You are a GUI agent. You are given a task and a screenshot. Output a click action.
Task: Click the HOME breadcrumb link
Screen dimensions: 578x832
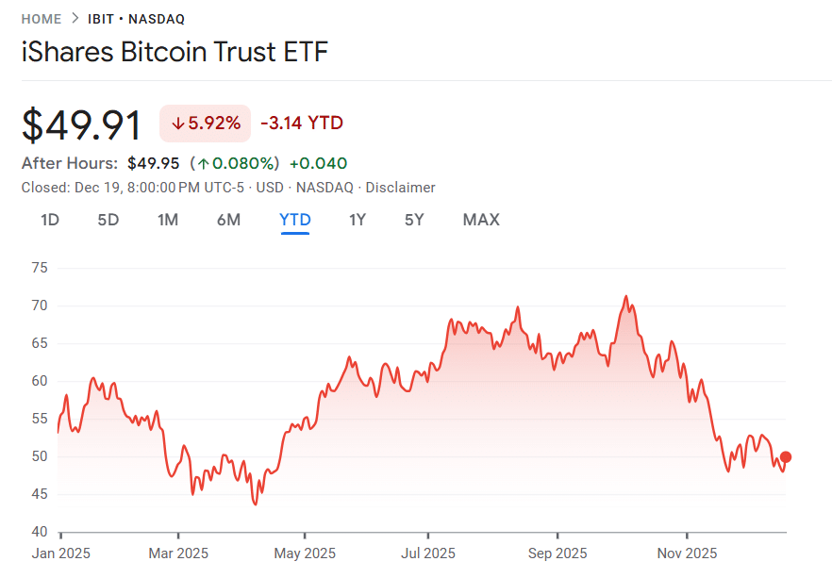(42, 19)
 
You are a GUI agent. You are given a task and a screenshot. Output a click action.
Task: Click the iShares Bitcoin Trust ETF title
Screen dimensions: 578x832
(175, 52)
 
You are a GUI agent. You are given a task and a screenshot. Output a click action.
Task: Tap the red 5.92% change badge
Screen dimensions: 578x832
(205, 123)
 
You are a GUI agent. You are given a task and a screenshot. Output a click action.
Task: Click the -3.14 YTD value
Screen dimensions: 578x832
(302, 123)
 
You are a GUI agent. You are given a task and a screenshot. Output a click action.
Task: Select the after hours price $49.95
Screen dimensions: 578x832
(153, 163)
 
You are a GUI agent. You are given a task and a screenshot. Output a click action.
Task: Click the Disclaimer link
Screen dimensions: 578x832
(400, 188)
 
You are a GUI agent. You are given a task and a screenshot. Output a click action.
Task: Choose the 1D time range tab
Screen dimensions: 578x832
(50, 220)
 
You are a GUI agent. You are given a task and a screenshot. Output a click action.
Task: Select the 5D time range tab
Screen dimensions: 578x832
(108, 220)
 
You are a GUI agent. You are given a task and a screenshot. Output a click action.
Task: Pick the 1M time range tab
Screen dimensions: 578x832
(168, 220)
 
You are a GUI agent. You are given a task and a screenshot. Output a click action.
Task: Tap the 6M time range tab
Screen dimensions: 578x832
(228, 220)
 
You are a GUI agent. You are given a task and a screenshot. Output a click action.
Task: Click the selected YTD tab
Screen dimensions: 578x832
(295, 220)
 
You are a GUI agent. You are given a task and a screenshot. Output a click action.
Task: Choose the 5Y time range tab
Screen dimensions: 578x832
(414, 220)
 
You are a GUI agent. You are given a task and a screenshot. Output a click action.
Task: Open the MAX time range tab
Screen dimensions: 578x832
(481, 220)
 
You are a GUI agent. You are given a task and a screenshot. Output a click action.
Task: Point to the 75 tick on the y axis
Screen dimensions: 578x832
(39, 268)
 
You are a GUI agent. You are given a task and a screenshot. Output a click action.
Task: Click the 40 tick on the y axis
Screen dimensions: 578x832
(39, 532)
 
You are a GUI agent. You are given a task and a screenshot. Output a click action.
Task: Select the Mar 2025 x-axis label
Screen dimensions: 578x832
(178, 553)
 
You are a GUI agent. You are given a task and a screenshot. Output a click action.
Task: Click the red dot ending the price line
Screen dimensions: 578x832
(786, 457)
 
